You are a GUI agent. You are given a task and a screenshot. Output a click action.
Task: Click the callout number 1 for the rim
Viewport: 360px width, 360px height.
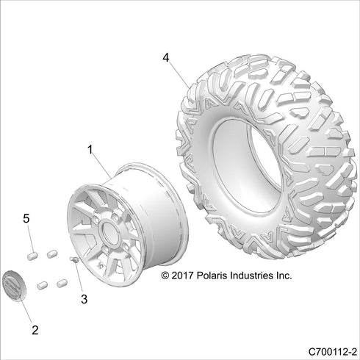(x=90, y=149)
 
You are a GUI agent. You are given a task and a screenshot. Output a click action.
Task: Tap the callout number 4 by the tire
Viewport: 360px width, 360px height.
(x=166, y=56)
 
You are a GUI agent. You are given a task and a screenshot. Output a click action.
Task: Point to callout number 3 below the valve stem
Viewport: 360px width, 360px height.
(x=84, y=298)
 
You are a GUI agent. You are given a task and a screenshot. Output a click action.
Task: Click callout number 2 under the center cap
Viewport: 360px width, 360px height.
(x=32, y=320)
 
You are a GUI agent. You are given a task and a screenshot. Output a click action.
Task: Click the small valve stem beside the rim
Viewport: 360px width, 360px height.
(x=74, y=259)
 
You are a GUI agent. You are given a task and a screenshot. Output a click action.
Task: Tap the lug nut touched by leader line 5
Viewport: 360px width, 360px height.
(x=32, y=255)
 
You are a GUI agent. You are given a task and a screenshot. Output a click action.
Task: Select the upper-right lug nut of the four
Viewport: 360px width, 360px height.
(x=52, y=253)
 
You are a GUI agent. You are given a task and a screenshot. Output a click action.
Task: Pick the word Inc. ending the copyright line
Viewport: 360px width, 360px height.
(x=284, y=276)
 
